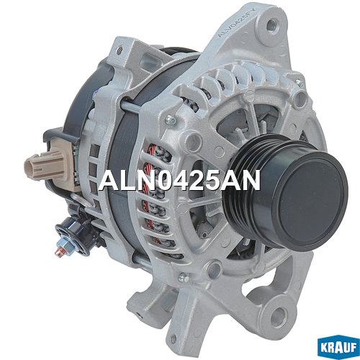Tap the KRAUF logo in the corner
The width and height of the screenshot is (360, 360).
point(338,347)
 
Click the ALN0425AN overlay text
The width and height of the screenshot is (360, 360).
point(179,180)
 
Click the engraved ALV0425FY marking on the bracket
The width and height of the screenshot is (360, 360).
point(237,22)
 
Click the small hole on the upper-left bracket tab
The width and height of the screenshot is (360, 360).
point(120,50)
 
